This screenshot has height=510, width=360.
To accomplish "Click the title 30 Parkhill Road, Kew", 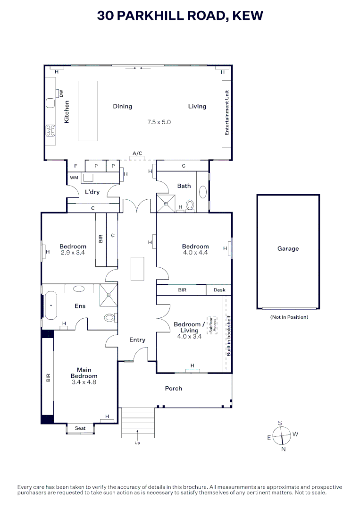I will [180, 16].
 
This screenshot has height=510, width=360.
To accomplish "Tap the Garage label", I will [288, 248].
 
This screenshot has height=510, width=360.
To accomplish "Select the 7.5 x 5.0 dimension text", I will [159, 122].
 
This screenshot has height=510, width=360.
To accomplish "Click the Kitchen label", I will [67, 112].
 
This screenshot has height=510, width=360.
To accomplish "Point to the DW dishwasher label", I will [61, 93].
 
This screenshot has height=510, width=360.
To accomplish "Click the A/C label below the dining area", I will [137, 153].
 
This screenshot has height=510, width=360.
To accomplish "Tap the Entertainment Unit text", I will [227, 113].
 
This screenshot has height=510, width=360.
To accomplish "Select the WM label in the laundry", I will [74, 178].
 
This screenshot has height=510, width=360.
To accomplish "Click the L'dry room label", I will [92, 192].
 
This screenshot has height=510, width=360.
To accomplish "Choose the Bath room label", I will [184, 186].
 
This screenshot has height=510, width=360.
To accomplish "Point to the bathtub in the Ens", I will [50, 306].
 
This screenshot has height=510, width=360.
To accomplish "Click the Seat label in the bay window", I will [80, 428].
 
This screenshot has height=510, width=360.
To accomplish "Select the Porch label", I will [173, 388].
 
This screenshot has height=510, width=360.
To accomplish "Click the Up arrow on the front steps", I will [137, 431].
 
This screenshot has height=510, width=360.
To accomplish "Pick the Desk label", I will [219, 290].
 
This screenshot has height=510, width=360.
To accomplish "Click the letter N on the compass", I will [284, 449].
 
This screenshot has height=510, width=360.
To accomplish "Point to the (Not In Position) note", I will [289, 317].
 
